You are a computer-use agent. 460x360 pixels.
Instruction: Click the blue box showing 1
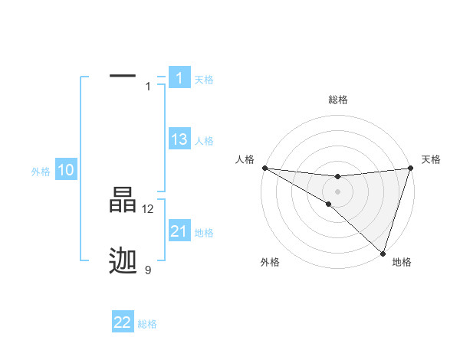tap(179, 77)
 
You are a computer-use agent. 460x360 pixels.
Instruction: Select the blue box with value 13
tap(179, 139)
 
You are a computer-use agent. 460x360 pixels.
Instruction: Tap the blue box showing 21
tap(179, 231)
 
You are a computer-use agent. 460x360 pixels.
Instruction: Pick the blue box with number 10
tap(66, 171)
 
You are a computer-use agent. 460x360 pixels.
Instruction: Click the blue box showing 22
tap(123, 322)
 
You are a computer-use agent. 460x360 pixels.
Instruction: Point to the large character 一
tap(123, 76)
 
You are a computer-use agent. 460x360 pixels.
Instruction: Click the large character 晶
tap(123, 200)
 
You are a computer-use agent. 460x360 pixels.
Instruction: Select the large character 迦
tap(123, 261)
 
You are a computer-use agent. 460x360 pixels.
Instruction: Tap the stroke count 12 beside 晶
tap(148, 208)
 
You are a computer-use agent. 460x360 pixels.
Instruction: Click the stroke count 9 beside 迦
tap(148, 270)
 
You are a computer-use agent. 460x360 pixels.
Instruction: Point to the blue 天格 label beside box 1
tap(204, 80)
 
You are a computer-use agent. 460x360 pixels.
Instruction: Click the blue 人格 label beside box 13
tap(204, 141)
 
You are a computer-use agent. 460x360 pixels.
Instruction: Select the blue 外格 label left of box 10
tap(41, 172)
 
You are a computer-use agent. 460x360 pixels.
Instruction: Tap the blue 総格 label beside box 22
tap(147, 324)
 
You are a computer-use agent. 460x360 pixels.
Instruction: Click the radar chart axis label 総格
tap(337, 100)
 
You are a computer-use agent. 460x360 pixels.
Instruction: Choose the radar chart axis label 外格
tap(270, 263)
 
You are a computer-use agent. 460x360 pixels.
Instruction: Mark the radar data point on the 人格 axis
tap(264, 168)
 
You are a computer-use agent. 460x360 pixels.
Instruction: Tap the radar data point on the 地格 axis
tap(383, 253)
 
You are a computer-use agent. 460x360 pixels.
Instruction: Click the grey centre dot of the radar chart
tap(337, 191)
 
